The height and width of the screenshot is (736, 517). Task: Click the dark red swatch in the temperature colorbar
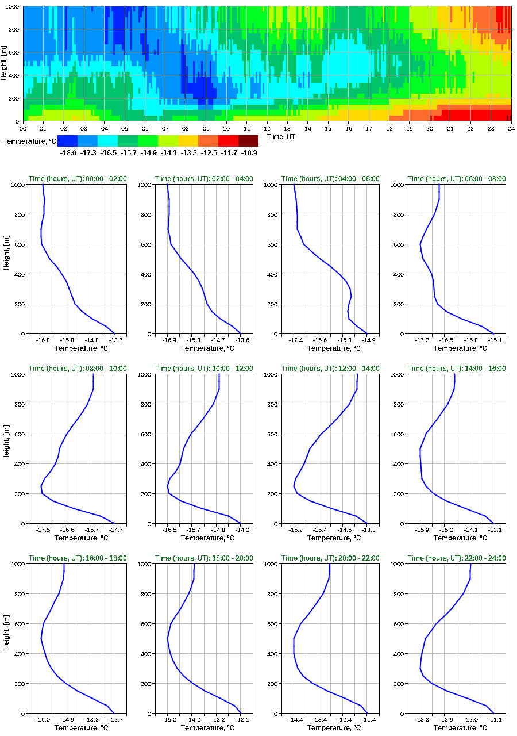[x=248, y=141]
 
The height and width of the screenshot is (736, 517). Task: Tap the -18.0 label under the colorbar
[x=68, y=153]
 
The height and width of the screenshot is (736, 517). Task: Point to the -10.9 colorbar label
[x=249, y=153]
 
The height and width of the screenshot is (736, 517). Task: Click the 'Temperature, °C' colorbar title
[x=29, y=141]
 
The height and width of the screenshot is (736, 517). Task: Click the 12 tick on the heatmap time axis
[x=267, y=129]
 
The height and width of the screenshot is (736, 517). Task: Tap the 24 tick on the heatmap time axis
[x=511, y=129]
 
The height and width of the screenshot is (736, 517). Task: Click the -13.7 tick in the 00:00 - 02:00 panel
[x=114, y=340]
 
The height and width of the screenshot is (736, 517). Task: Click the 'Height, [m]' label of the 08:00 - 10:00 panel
[x=5, y=448]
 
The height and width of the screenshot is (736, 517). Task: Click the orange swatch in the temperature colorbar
[x=208, y=141]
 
